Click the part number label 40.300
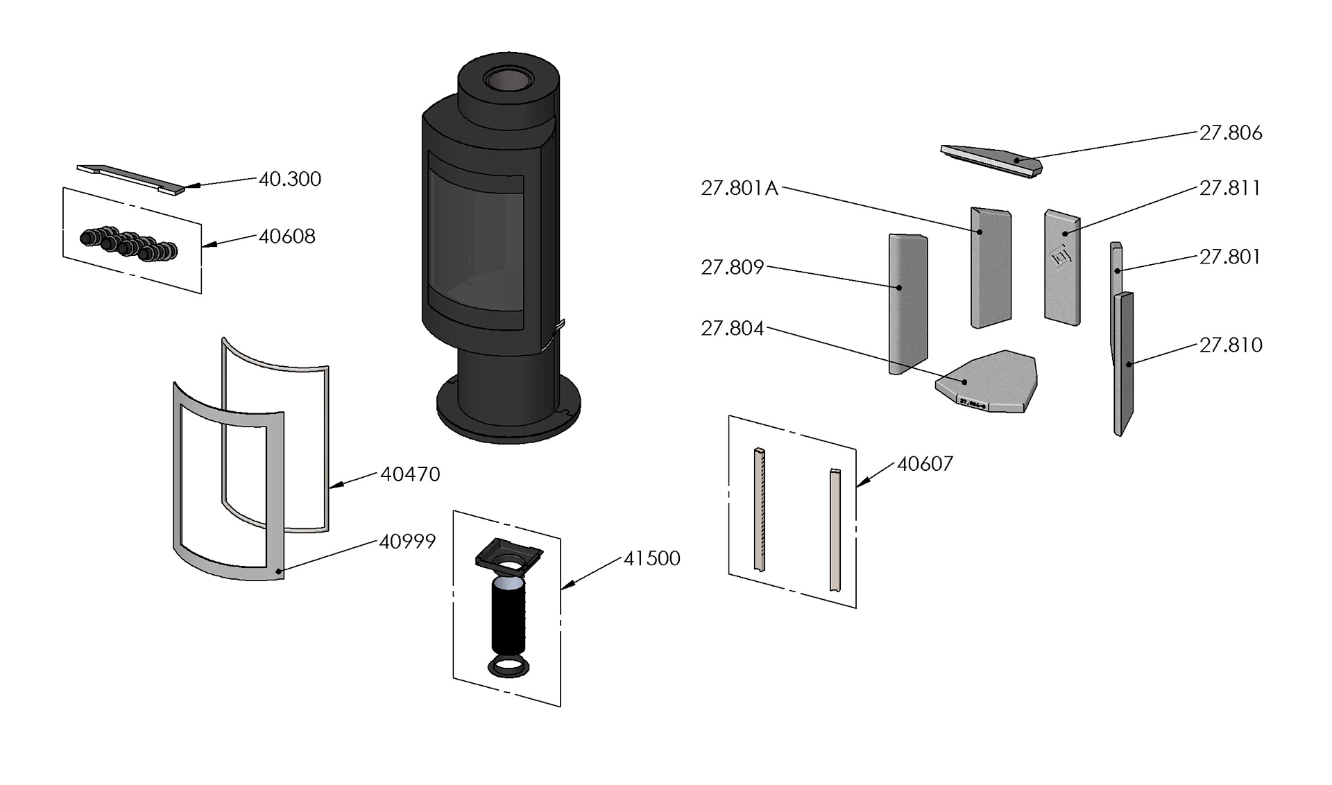(289, 179)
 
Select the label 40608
(287, 236)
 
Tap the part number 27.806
(1230, 133)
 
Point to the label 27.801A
(739, 189)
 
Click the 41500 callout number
(651, 558)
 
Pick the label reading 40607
(925, 464)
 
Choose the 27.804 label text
(732, 329)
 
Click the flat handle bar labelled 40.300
(132, 178)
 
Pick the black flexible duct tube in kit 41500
(509, 617)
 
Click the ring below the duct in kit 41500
(509, 668)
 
